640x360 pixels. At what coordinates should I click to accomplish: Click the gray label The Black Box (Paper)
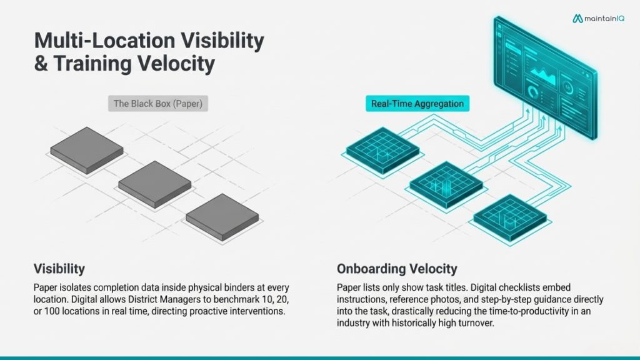(157, 104)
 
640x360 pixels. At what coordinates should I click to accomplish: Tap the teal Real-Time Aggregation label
(417, 104)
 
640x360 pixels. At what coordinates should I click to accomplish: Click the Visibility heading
(59, 269)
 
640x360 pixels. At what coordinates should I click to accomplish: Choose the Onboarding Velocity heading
(397, 269)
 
